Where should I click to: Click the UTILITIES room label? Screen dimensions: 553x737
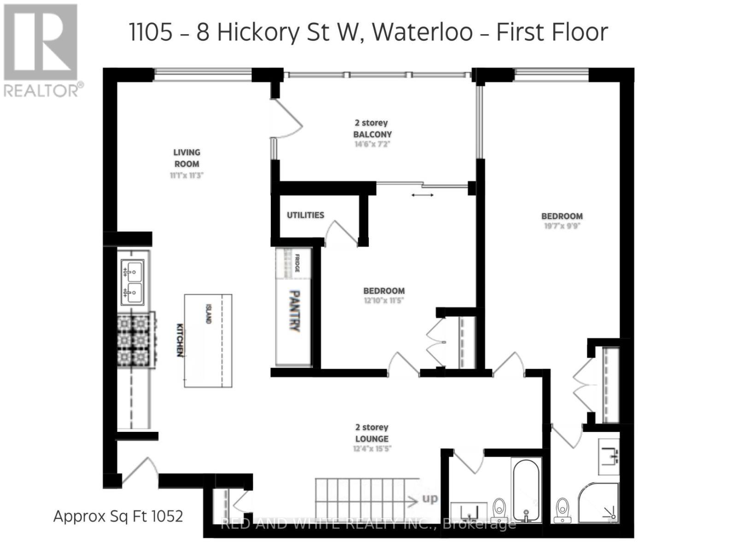pos(305,215)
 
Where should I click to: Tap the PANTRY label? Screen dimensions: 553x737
pos(294,311)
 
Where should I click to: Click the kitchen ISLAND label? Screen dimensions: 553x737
pos(209,313)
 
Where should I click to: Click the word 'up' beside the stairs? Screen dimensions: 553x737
pos(429,499)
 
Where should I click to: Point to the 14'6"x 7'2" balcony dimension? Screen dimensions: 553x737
pos(372,144)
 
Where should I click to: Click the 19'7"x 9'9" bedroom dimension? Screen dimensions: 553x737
pos(562,226)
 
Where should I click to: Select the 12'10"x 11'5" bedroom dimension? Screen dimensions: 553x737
pos(384,300)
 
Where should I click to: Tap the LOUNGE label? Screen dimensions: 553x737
pos(372,439)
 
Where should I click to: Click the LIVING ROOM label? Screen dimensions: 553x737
pos(187,158)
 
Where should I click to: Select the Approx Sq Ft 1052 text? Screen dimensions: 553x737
pos(118,516)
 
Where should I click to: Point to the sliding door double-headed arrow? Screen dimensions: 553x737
pos(422,195)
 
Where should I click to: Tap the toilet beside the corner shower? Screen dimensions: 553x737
pos(562,510)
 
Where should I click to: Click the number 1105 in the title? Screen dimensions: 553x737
pos(151,32)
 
